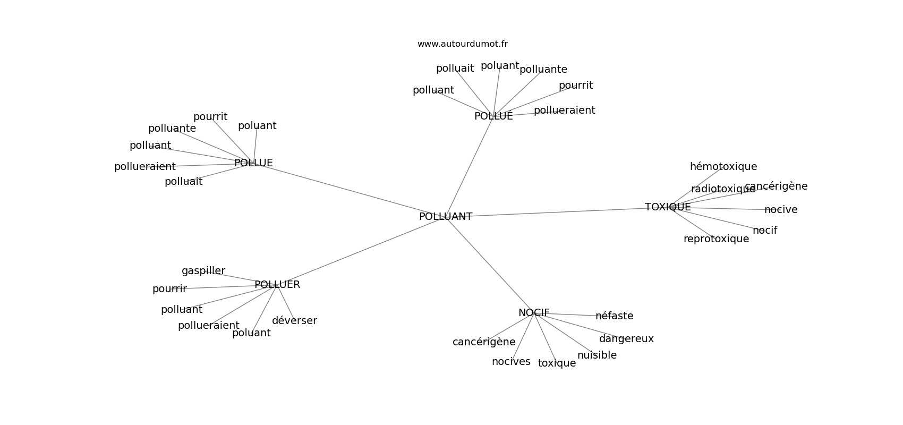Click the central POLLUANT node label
coord(446,217)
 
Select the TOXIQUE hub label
coord(668,207)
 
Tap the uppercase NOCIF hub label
coord(534,313)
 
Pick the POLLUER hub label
coord(277,285)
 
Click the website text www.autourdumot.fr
coord(462,44)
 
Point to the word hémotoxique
coord(723,166)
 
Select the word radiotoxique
coord(723,189)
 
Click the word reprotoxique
coord(716,239)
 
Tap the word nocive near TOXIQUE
coord(781,210)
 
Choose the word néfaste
coord(615,316)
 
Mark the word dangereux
coord(626,339)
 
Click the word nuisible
coord(597,355)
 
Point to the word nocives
coord(511,362)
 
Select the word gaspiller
coord(203,270)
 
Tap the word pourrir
coord(170,289)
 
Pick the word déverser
coord(294,320)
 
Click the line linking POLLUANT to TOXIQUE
coord(558,212)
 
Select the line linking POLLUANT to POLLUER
coord(360,252)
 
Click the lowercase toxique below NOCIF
coord(557,363)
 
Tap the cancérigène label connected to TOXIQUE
coord(776,186)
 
